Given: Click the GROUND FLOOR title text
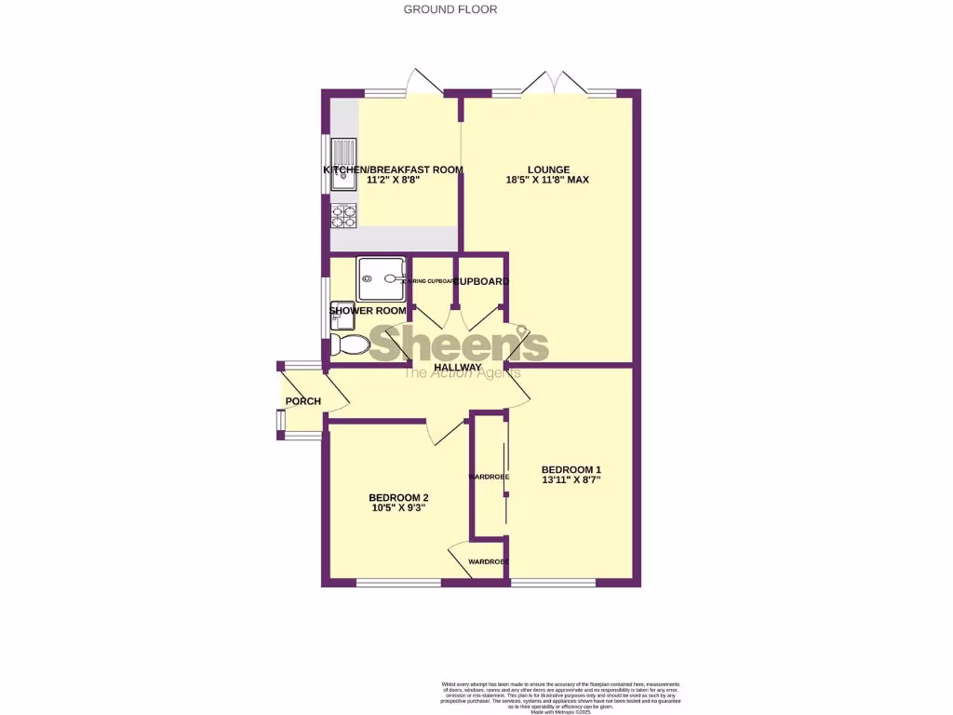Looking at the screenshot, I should (x=450, y=9).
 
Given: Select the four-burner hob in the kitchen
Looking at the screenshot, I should (x=343, y=216).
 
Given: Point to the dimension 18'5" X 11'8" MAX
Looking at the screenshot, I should (x=548, y=181).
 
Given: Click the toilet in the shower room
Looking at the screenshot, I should (x=348, y=345).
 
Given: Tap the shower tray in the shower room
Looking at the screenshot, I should (x=382, y=277).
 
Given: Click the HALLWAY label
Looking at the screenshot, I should (x=458, y=368).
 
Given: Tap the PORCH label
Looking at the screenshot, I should (x=302, y=401).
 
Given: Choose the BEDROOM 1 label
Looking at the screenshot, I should (x=571, y=469).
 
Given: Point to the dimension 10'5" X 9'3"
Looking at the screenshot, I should (x=399, y=509).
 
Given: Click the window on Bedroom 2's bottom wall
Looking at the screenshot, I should (x=398, y=583).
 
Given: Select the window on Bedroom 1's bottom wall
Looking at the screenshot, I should (x=553, y=583).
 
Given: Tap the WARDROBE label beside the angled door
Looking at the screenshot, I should (x=488, y=561).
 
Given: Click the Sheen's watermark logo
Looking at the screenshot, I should (x=460, y=344).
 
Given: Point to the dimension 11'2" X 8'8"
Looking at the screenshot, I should (x=393, y=182).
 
